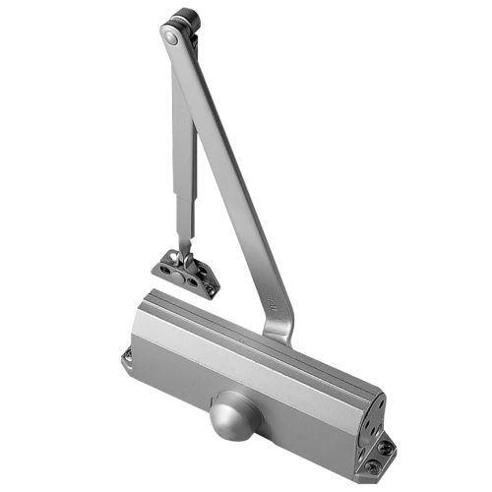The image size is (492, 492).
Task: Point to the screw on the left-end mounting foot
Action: (128, 358)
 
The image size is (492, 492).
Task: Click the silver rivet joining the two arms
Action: (171, 37)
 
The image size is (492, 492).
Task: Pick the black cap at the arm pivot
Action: (183, 20)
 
